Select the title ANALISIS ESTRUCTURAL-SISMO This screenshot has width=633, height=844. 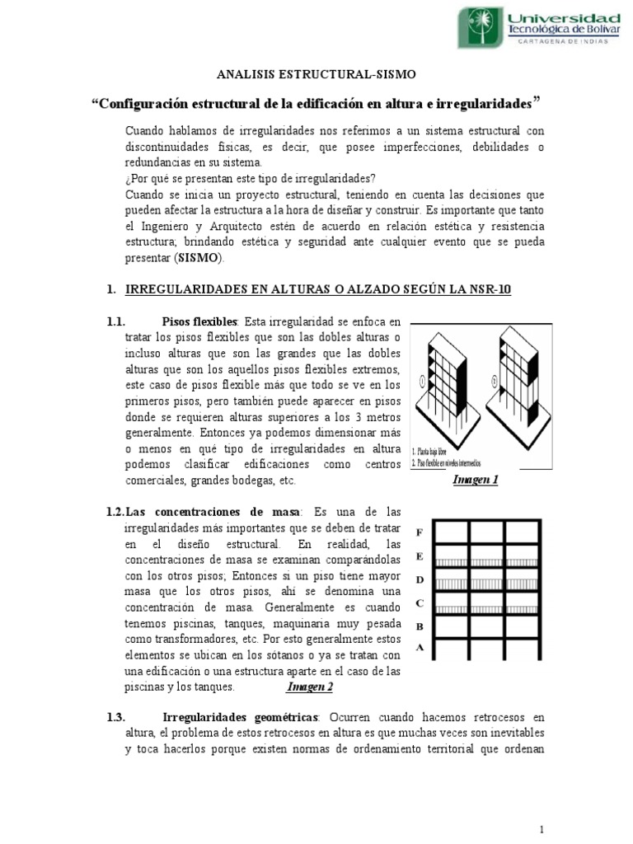316,75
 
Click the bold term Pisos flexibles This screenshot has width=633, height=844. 200,321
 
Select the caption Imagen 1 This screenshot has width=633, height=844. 476,480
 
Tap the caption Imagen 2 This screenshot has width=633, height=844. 309,686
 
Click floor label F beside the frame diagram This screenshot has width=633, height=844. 420,532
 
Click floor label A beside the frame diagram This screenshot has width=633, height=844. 420,648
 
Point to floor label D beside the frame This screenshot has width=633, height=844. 420,579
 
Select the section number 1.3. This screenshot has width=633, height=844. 115,717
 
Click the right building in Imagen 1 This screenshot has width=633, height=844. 509,379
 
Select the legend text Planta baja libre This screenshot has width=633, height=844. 438,452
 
